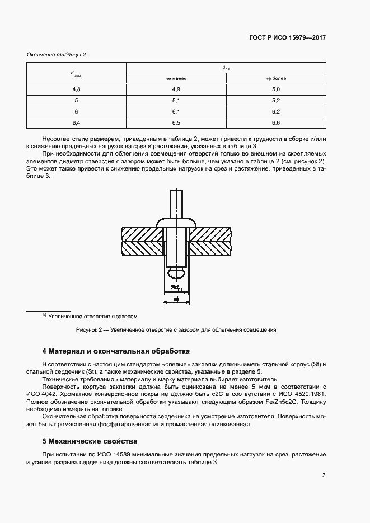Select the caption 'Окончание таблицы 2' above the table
[x=57, y=54]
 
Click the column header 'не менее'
[x=176, y=79]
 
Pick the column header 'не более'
[x=275, y=79]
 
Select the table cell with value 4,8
[x=77, y=89]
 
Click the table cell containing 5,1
[x=176, y=101]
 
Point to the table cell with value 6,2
[x=275, y=111]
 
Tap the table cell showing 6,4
[x=77, y=122]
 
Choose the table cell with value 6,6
[x=275, y=122]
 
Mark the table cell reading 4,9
[x=176, y=89]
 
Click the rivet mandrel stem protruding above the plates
[x=176, y=204]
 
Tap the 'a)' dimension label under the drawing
[x=176, y=299]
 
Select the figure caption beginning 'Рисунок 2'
[x=176, y=330]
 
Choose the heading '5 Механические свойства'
[x=90, y=440]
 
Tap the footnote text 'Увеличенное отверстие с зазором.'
[x=93, y=316]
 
